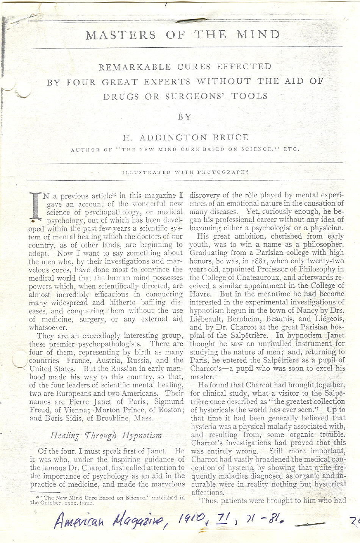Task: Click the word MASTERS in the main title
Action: point(121,35)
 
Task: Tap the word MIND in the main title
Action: point(258,34)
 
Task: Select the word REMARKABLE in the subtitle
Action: point(135,67)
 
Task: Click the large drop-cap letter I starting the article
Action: point(36,207)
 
